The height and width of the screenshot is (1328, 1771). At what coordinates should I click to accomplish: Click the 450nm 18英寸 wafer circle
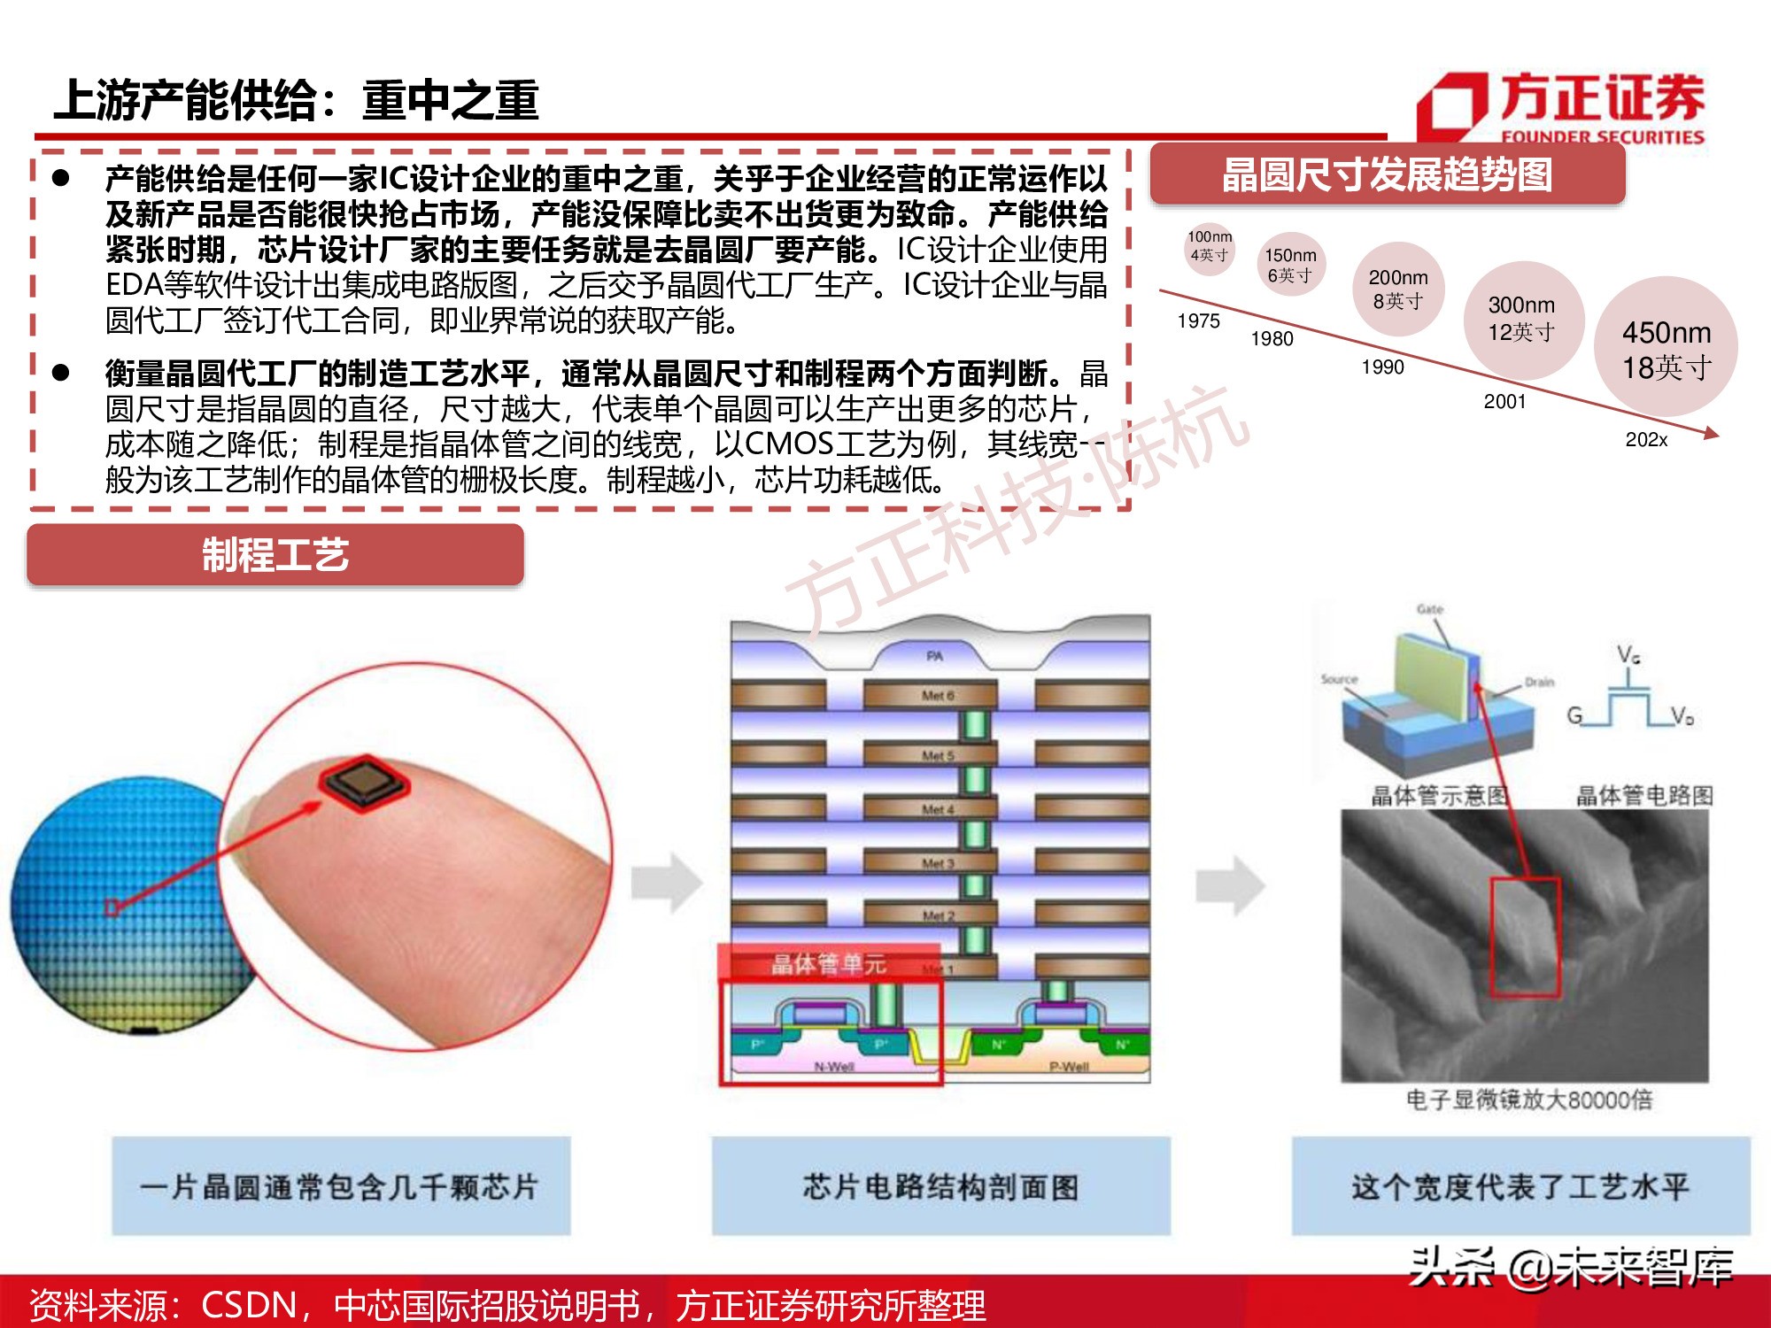click(x=1665, y=347)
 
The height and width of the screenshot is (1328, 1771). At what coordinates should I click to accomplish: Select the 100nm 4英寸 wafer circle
click(x=1209, y=247)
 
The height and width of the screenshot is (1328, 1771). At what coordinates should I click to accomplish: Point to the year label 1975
click(x=1198, y=320)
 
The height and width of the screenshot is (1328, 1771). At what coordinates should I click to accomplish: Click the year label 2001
click(x=1504, y=401)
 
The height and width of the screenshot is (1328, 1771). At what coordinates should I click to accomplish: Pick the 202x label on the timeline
click(x=1645, y=440)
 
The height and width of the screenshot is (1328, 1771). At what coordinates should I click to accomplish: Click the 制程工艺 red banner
click(x=275, y=555)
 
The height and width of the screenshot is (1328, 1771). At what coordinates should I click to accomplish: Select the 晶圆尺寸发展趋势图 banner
click(x=1387, y=174)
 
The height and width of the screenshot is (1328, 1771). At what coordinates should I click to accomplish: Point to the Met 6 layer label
click(x=937, y=696)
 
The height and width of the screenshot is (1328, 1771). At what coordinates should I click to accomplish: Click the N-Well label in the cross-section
click(x=833, y=1067)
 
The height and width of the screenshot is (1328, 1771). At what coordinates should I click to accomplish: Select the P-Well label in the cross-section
click(x=1069, y=1067)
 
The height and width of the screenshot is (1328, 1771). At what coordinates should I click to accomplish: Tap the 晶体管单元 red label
click(x=828, y=963)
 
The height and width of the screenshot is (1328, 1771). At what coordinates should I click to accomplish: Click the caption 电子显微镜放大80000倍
click(x=1528, y=1100)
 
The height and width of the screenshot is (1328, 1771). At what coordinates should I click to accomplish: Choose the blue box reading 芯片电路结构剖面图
click(x=940, y=1186)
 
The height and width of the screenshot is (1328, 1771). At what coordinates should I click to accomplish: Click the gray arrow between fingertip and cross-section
click(x=667, y=882)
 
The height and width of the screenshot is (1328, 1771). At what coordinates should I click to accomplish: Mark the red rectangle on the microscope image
click(x=1525, y=937)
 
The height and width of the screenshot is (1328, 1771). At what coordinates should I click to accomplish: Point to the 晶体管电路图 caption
click(x=1643, y=795)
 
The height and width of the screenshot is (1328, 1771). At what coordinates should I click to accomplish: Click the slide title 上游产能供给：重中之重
click(x=296, y=100)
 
